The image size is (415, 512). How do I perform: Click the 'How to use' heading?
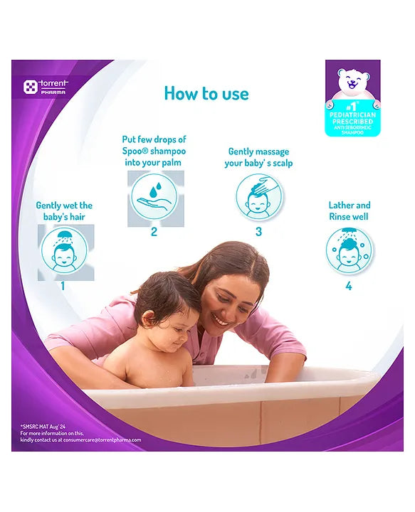[x=206, y=93]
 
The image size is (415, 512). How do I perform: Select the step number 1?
[x=63, y=286]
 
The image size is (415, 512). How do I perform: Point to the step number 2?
[x=154, y=232]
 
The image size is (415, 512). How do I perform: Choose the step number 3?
[x=258, y=232]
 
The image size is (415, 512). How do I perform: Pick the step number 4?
[x=349, y=286]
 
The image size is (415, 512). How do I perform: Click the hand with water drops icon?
[x=154, y=198]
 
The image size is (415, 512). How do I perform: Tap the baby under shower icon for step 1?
[x=64, y=251]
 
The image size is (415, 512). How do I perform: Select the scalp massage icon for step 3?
[x=258, y=198]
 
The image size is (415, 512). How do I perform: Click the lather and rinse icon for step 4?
[x=349, y=251]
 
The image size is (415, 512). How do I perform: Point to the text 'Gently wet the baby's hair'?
[x=64, y=210]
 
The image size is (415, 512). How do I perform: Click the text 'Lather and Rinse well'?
[x=350, y=210]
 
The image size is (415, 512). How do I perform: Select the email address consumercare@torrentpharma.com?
[x=105, y=439]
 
